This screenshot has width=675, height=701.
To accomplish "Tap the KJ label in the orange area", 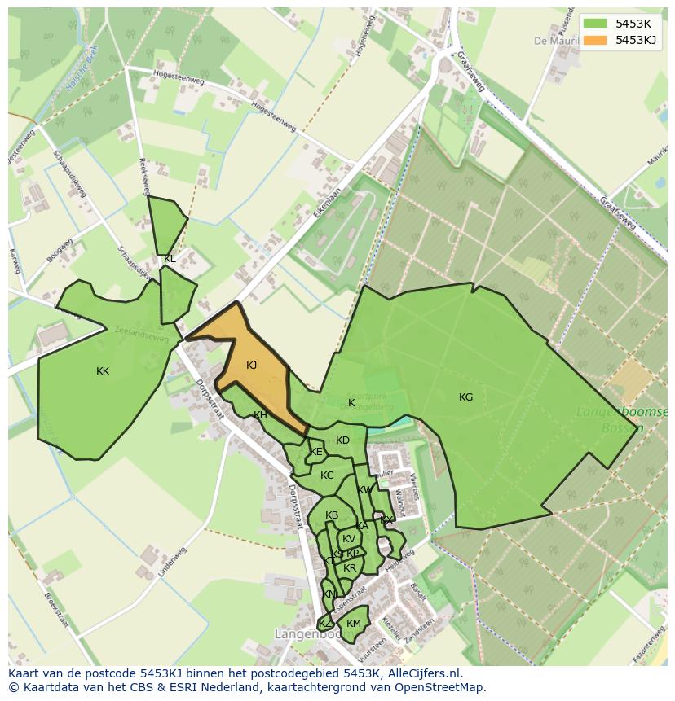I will click(251, 366).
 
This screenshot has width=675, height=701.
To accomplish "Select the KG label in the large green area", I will click(465, 397).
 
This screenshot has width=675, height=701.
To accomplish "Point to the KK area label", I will click(103, 371).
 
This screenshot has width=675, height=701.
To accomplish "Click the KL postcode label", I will click(170, 259).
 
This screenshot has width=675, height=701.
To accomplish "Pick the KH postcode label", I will click(260, 415).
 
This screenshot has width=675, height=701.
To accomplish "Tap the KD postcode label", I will click(342, 440).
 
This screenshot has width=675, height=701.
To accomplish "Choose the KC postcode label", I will click(327, 475).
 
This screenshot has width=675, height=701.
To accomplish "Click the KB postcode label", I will click(332, 515).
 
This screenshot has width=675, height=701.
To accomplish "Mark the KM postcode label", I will click(353, 624).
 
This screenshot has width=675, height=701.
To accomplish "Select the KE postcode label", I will click(316, 452).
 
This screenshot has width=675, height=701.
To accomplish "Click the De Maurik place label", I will click(552, 40).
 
